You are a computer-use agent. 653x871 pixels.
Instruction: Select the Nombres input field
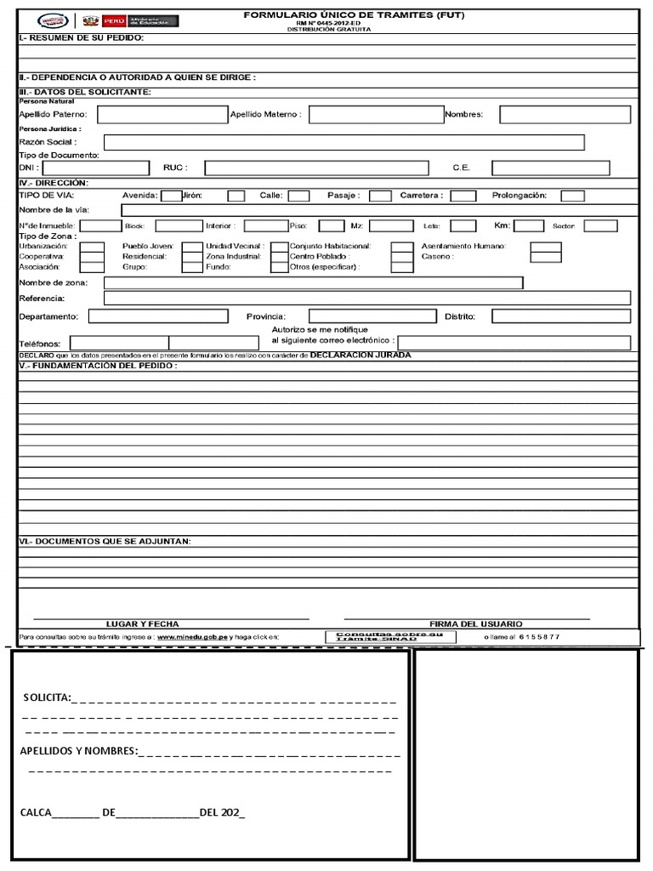click(565, 114)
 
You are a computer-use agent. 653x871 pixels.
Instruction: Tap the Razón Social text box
click(344, 142)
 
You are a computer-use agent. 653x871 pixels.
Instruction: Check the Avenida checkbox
click(170, 196)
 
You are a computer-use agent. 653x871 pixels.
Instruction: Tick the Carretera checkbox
click(463, 196)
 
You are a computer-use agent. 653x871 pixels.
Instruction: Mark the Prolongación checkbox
click(572, 196)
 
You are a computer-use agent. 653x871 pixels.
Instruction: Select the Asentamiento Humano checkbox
click(545, 246)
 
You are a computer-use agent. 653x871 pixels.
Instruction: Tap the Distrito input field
click(565, 316)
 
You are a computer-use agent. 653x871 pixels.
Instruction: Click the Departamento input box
click(157, 316)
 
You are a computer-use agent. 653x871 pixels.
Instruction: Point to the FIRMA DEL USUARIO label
click(476, 623)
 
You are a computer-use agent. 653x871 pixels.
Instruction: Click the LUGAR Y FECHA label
click(142, 623)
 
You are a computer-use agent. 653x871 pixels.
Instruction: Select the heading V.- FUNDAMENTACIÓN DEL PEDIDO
click(98, 366)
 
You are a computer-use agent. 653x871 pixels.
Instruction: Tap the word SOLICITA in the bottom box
click(47, 697)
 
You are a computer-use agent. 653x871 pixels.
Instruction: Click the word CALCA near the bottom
click(36, 811)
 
